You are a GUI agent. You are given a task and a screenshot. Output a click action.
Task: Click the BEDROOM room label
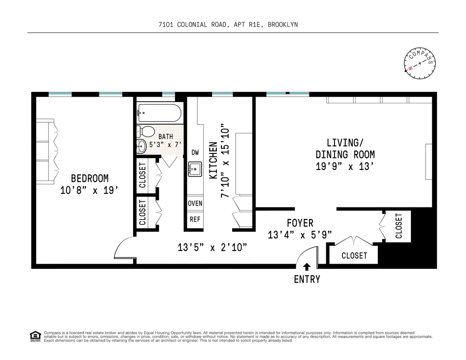click(x=90, y=178)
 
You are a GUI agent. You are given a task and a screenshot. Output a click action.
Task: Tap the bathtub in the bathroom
click(x=159, y=113)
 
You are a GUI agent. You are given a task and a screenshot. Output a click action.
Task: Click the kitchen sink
click(x=195, y=169)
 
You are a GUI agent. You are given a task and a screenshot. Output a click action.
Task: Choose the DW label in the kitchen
click(x=195, y=152)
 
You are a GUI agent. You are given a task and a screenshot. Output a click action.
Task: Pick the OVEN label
click(x=195, y=203)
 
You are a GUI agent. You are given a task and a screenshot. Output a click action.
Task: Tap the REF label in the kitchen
click(x=195, y=219)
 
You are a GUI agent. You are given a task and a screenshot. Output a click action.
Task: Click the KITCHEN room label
click(x=213, y=161)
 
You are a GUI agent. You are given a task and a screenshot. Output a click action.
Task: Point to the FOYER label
click(x=300, y=223)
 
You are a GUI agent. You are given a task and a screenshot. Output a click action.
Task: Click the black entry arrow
click(x=307, y=266)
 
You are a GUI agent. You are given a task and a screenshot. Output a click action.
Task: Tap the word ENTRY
click(x=307, y=279)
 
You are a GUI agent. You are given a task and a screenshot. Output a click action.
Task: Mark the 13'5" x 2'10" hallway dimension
click(x=212, y=247)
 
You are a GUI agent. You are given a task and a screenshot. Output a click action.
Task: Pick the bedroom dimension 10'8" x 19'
click(x=89, y=191)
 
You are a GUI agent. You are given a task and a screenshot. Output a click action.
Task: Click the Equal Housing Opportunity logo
click(x=35, y=336)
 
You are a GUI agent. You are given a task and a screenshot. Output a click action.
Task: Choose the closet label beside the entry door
click(x=354, y=256)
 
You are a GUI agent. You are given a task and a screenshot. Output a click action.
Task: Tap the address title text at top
click(x=228, y=24)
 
